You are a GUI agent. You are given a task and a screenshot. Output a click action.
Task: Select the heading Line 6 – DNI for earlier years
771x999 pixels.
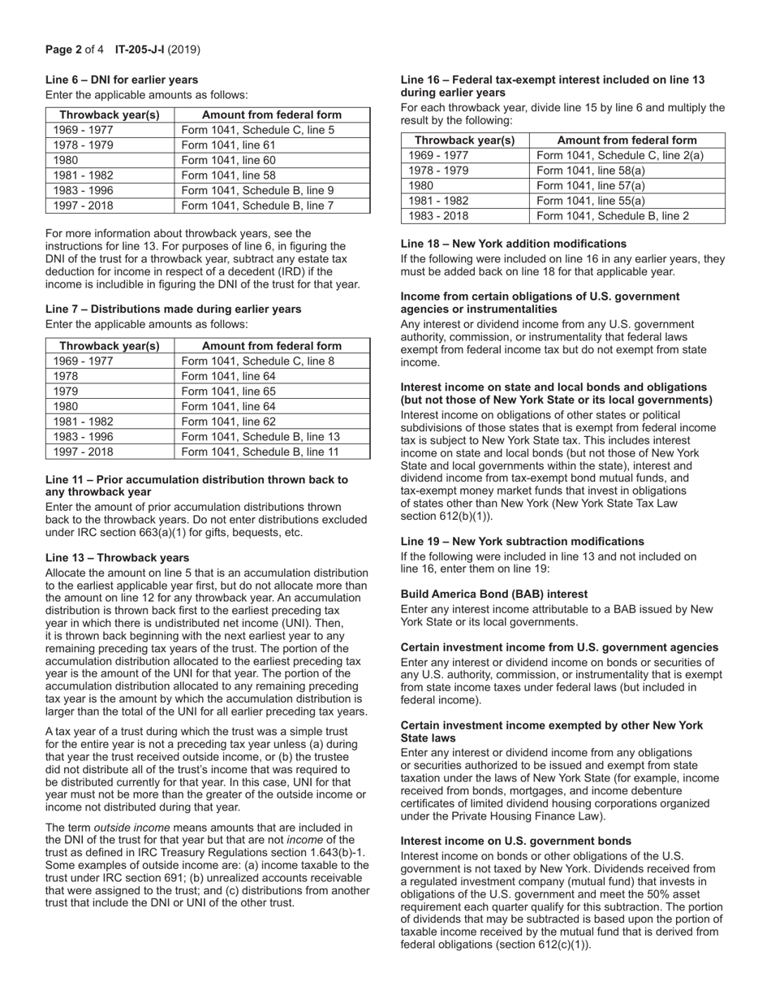click(122, 80)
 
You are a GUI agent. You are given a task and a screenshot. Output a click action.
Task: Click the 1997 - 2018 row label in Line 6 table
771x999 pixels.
click(84, 205)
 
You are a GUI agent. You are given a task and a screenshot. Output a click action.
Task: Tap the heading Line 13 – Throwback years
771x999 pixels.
click(117, 557)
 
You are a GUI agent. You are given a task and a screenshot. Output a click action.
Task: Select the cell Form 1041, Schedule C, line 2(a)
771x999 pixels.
click(620, 155)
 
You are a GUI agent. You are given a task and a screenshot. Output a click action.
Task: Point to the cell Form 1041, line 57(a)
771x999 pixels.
click(591, 186)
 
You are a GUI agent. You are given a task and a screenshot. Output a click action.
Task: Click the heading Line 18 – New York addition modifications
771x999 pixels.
click(514, 244)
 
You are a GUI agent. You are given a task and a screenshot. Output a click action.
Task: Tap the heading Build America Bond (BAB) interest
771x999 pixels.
click(493, 594)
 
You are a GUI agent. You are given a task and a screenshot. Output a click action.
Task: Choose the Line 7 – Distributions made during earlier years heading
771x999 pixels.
click(173, 309)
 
